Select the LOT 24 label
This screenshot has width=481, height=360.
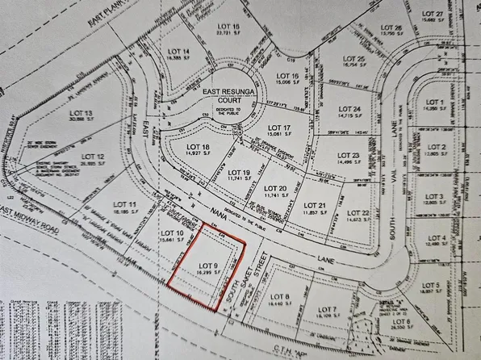click(349, 109)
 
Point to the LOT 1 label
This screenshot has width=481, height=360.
click(434, 103)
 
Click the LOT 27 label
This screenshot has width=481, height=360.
click(434, 15)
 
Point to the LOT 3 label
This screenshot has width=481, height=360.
click(435, 197)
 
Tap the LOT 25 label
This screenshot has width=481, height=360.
click(355, 59)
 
